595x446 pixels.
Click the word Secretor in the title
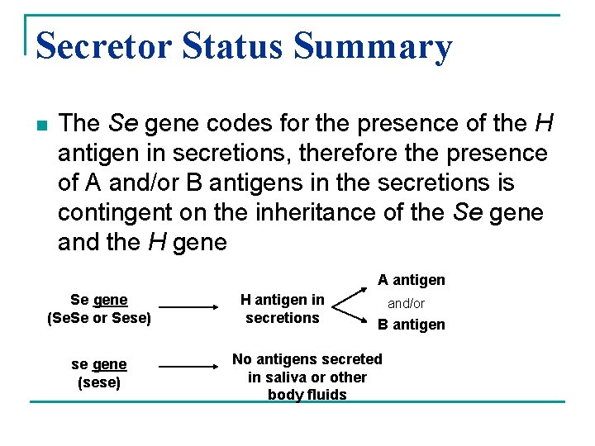tap(103, 46)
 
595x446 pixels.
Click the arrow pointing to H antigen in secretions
tap(193, 306)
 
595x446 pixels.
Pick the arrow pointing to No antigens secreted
tap(193, 365)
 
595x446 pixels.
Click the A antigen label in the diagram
tap(412, 280)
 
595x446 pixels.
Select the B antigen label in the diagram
tap(412, 325)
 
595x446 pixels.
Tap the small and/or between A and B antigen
tap(407, 303)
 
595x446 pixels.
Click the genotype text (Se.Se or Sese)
tap(99, 317)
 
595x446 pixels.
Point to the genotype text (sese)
tap(99, 382)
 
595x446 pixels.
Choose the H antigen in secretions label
tap(283, 308)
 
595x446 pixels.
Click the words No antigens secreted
tap(307, 359)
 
